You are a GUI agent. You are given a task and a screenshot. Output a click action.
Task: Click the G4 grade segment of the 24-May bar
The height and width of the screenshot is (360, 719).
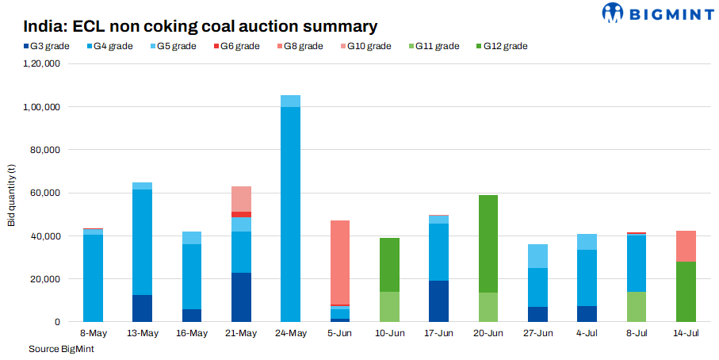coord(291,214)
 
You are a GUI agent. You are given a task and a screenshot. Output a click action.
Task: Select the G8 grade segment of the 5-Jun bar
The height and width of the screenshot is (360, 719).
coord(339,262)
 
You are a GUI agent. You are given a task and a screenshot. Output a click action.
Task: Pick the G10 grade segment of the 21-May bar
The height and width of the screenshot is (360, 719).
coord(242,199)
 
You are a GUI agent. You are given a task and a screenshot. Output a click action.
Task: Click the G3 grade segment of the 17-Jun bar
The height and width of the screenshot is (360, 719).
coord(437,301)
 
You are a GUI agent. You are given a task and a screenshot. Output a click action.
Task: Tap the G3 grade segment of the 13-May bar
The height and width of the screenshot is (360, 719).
coord(143,308)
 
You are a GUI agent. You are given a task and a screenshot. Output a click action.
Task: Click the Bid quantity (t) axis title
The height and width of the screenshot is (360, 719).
coord(12,193)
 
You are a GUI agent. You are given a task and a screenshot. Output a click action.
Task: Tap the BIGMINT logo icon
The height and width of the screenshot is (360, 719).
coord(614,13)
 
